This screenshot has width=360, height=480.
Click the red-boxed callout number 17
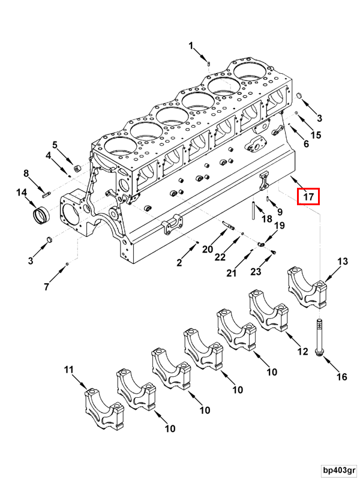[x=308, y=196]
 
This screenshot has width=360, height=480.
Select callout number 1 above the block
[x=191, y=46]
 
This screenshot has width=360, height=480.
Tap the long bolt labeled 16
[x=317, y=339]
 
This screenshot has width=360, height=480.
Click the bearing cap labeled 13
[x=308, y=285]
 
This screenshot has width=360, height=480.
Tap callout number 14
[x=22, y=193]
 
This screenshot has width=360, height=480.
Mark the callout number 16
[x=341, y=377]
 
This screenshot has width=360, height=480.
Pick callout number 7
[x=46, y=287]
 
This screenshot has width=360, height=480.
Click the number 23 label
[x=256, y=272]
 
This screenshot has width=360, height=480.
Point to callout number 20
[x=207, y=250]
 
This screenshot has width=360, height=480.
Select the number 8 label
[x=26, y=173]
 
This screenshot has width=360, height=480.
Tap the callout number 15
[x=316, y=134]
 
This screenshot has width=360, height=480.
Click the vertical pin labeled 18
[x=254, y=210]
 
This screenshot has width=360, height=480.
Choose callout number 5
[x=55, y=145]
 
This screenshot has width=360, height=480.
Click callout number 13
[x=342, y=261]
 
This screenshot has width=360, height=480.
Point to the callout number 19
[x=279, y=226]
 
